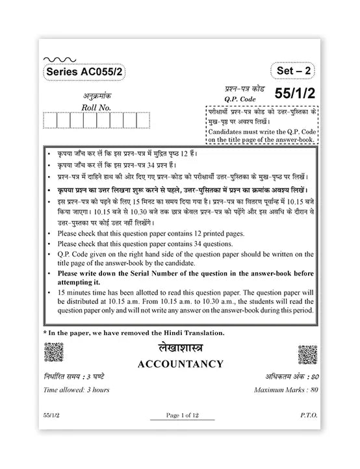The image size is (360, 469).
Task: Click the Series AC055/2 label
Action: click(x=81, y=74)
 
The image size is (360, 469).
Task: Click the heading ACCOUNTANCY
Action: click(x=179, y=364)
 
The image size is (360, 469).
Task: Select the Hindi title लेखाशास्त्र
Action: click(x=179, y=349)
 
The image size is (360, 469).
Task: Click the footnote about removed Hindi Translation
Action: click(x=133, y=333)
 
